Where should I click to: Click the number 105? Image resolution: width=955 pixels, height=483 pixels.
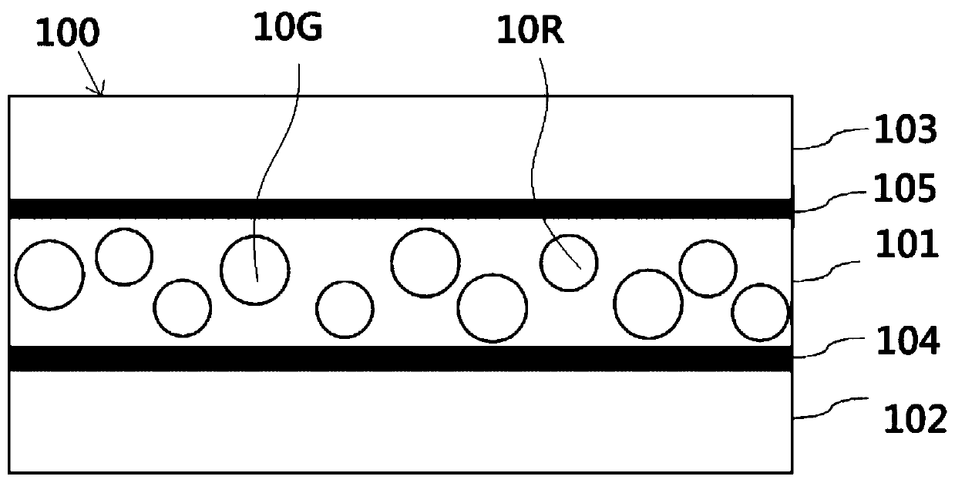tap(905, 190)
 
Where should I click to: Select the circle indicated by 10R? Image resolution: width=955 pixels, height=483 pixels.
tap(568, 263)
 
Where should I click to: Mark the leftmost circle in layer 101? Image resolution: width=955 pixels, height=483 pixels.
tap(49, 276)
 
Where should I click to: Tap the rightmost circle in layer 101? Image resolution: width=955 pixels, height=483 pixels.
tap(760, 313)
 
